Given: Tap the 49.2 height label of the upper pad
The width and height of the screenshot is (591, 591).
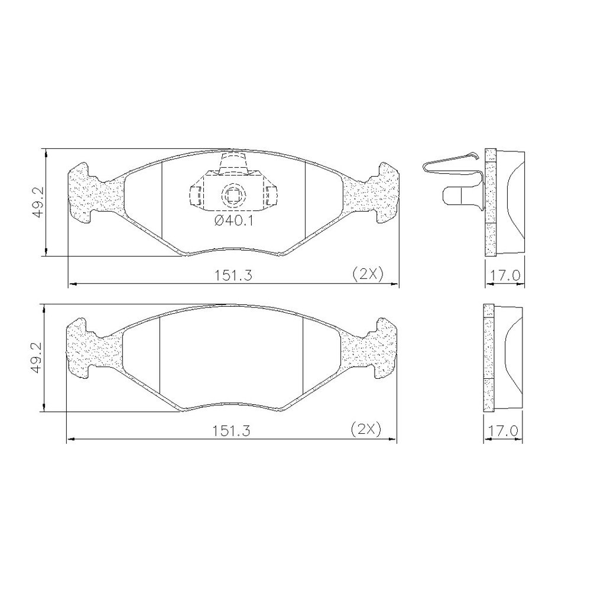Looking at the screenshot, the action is point(38,203).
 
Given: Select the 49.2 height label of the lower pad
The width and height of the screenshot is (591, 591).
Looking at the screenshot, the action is point(37,358).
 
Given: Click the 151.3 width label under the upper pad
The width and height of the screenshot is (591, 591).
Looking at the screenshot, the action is point(233,275).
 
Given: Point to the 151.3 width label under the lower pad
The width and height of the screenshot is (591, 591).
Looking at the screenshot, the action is point(232,430).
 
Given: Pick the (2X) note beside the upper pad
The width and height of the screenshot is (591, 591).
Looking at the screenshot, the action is point(368,274).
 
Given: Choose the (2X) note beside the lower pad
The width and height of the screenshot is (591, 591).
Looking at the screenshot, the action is point(366,428).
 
